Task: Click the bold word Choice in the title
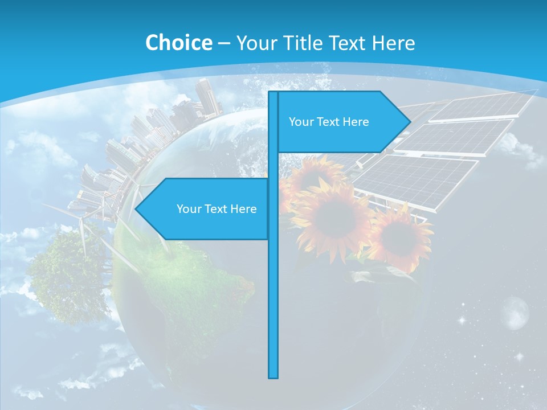click(x=178, y=43)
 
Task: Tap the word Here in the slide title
click(x=393, y=43)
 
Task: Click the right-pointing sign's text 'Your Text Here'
click(x=329, y=122)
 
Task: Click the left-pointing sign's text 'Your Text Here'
click(x=217, y=209)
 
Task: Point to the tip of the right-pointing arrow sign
click(x=410, y=121)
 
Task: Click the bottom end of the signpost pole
click(x=273, y=376)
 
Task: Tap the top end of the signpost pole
click(x=273, y=93)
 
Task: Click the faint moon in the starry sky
click(x=515, y=313)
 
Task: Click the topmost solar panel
click(x=481, y=106)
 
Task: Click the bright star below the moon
click(x=519, y=356)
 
